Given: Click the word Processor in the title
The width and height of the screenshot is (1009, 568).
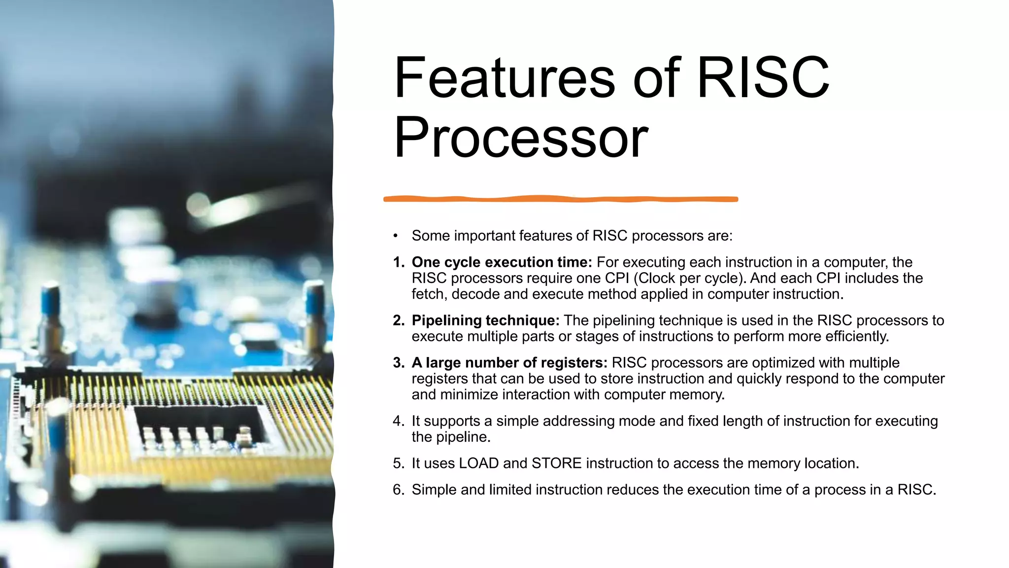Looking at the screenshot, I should tap(521, 138).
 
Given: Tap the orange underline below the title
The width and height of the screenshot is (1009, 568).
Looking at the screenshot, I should tap(561, 199).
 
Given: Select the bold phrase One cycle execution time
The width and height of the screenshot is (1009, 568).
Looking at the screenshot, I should tap(502, 262).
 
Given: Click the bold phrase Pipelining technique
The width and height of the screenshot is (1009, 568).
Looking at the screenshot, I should tap(485, 320).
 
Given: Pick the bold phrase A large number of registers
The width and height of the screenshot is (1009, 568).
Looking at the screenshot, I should tap(509, 363).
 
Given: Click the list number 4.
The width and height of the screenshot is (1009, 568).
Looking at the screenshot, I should tap(398, 421).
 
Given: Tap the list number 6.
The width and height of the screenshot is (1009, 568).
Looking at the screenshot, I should tap(398, 490).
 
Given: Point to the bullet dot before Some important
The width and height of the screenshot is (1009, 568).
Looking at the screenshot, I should tap(395, 236).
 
